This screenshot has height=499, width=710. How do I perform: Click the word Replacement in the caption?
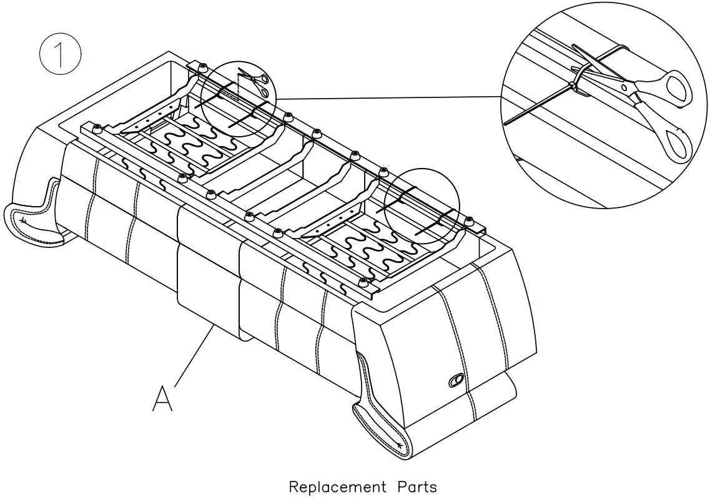337,487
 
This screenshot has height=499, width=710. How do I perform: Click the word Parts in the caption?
417,487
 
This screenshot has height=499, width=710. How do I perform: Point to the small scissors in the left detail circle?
255,84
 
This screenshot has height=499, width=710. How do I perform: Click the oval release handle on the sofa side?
456,380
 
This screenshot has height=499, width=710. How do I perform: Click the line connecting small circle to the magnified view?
387,97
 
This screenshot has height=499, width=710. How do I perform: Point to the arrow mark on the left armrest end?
24,221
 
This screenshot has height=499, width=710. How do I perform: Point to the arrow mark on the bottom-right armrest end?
398,445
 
